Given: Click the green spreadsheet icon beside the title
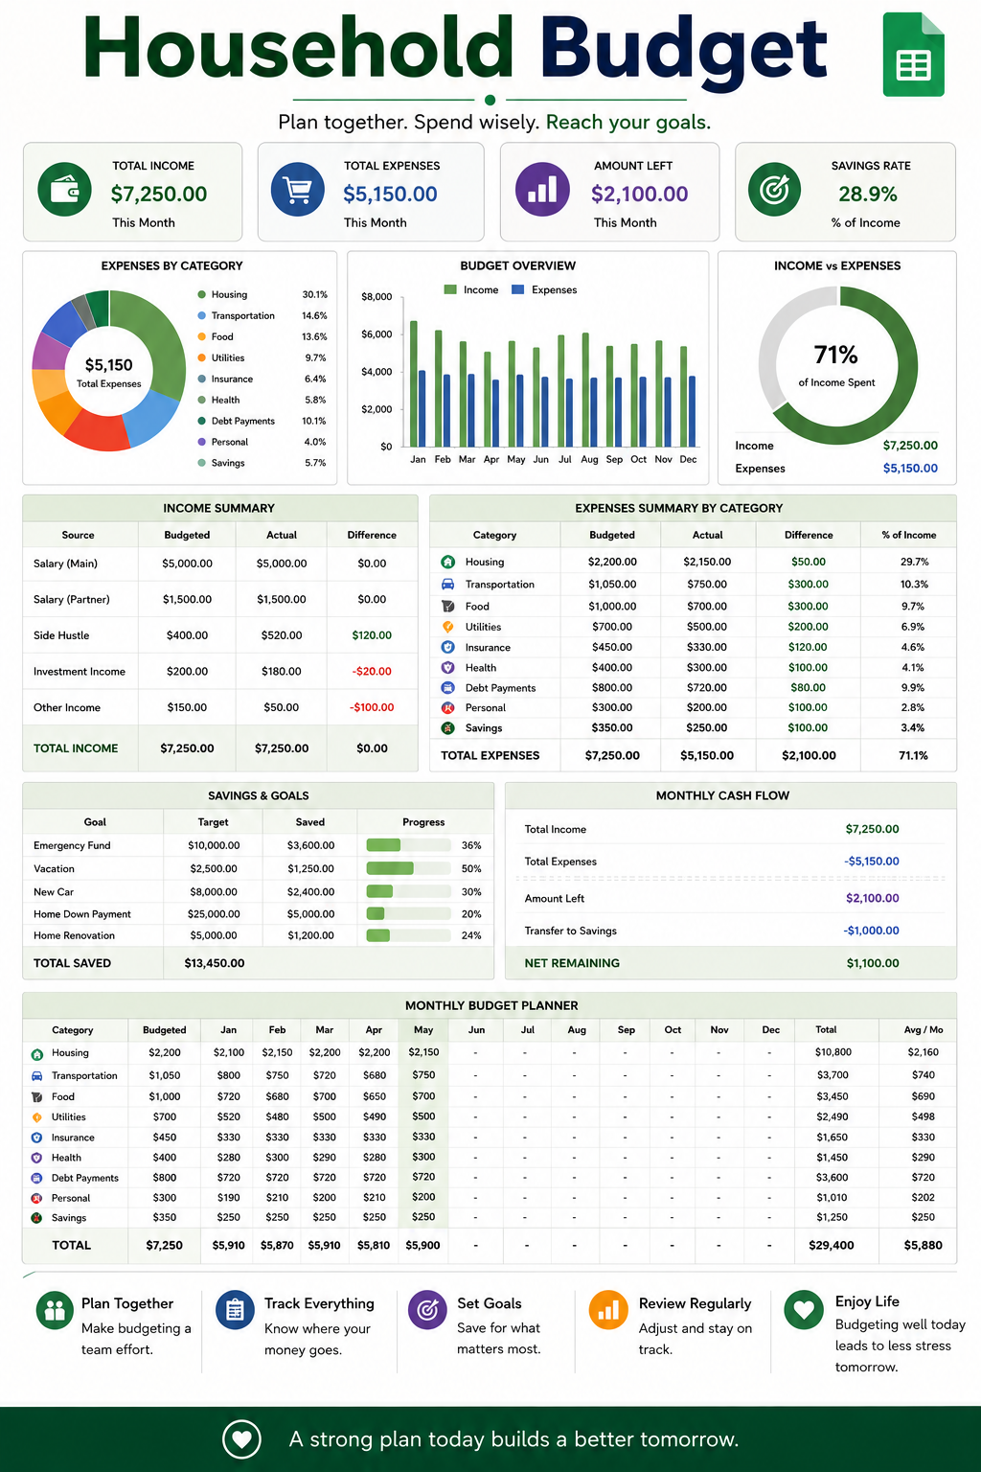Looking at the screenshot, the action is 913,55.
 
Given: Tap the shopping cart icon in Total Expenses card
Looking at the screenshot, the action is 298,190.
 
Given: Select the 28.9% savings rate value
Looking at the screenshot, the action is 867,194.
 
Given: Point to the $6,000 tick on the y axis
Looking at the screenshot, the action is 376,334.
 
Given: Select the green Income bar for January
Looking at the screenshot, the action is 414,384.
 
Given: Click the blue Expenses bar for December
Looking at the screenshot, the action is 692,411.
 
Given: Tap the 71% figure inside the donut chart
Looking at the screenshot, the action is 835,355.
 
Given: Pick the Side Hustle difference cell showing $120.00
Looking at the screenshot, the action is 372,635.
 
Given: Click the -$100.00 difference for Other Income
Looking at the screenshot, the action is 372,708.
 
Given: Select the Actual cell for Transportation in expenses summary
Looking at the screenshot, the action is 707,585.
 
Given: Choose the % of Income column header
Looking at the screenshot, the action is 909,535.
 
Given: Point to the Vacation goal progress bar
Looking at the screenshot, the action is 409,868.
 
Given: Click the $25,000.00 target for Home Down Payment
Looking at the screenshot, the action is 214,914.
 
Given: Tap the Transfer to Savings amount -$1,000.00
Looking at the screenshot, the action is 871,931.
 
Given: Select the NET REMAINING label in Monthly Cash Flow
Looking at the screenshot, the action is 572,963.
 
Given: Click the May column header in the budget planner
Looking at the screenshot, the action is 423,1030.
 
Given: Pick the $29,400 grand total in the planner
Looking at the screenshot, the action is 832,1245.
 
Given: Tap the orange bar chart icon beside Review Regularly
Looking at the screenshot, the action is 608,1310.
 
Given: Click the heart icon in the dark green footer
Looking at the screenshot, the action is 241,1439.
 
